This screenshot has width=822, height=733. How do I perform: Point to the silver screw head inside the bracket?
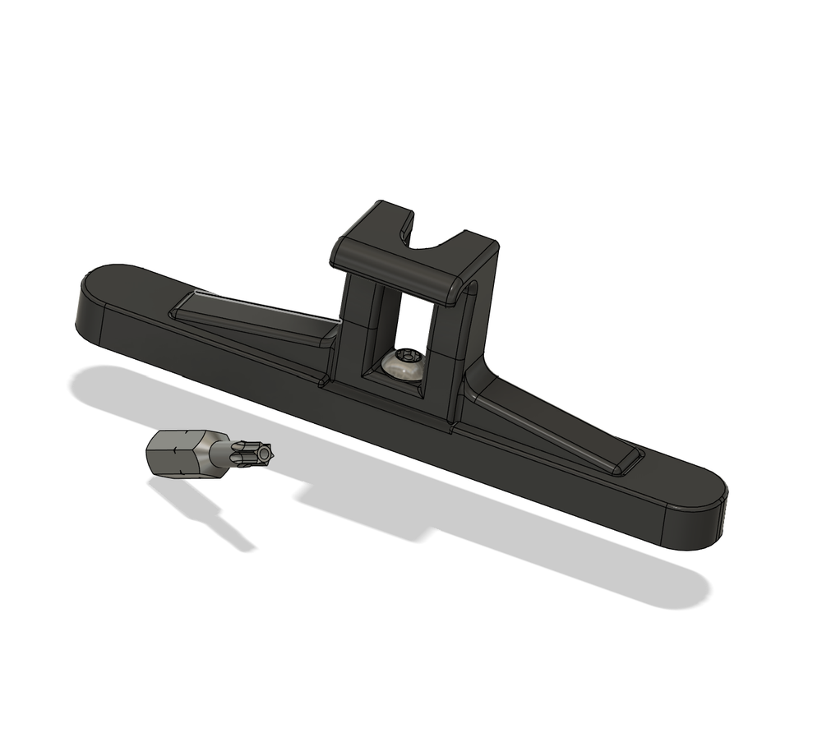pyautogui.click(x=404, y=365)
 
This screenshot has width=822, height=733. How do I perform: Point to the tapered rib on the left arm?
pyautogui.click(x=255, y=320)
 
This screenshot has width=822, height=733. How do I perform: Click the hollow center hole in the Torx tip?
pyautogui.click(x=264, y=451)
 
